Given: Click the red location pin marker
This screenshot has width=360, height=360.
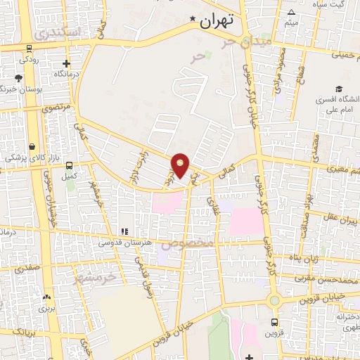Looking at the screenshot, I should click(x=181, y=165).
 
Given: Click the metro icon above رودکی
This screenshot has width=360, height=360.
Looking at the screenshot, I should click(x=29, y=49).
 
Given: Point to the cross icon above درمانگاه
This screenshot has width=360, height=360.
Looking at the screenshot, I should click(x=67, y=63).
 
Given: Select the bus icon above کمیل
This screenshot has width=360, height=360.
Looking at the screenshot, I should click(x=69, y=165).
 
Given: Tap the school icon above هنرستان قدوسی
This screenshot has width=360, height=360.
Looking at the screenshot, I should click(x=124, y=231).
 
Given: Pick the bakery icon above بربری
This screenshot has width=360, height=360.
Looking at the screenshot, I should click(x=47, y=297).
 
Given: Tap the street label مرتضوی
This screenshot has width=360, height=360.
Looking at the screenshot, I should click(x=56, y=108).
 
